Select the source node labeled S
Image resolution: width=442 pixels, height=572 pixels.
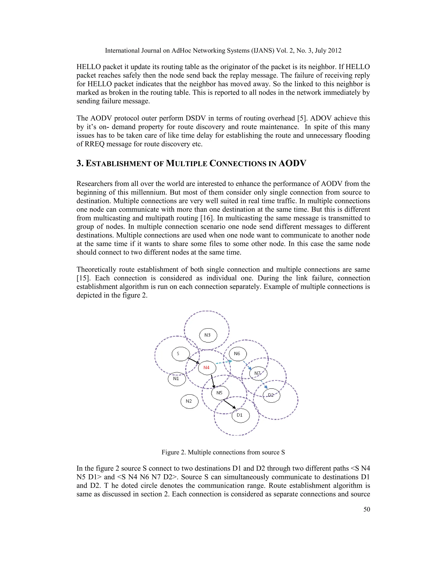180,354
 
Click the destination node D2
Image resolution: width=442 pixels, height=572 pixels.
271,395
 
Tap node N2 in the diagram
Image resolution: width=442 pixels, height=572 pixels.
189,401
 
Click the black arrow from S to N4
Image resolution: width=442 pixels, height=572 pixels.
194,361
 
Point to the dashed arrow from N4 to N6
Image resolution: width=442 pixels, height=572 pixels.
224,362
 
